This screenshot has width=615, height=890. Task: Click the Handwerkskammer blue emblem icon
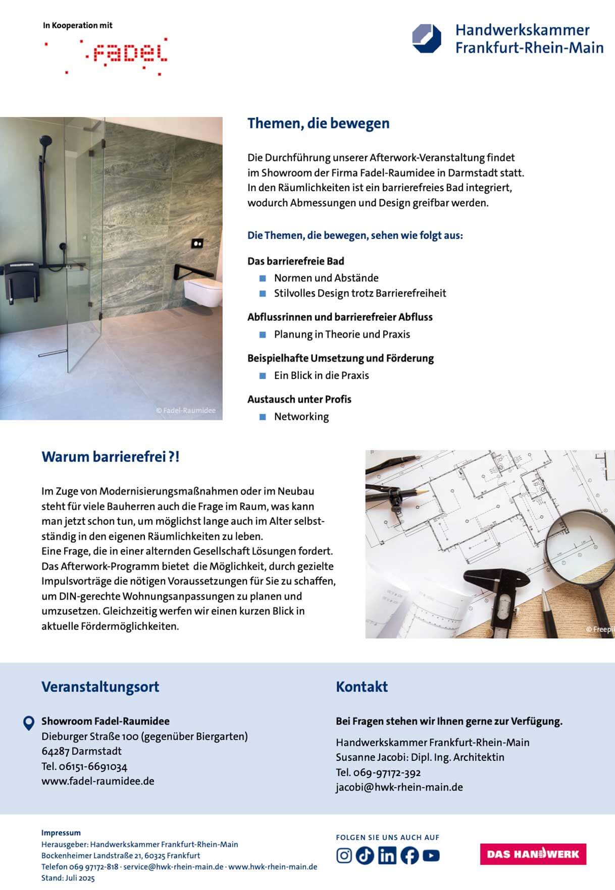coord(427,38)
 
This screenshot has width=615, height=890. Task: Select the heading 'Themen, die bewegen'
coord(318,124)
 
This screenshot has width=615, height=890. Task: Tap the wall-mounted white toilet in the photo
coord(203,294)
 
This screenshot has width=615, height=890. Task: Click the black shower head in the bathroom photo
coord(45,139)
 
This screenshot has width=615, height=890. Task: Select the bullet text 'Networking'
coord(301,417)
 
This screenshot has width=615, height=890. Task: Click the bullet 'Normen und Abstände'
coord(326,278)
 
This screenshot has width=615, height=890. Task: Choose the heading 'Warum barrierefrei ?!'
coord(110,457)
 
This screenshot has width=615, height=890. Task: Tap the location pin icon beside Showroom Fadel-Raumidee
coord(29,723)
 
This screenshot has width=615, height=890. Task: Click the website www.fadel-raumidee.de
coord(98,781)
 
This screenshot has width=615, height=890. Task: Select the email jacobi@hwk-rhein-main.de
coord(399,787)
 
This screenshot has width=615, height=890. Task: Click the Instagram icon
coord(344,856)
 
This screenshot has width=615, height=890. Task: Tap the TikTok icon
coord(365,856)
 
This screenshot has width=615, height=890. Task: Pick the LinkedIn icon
coord(387,856)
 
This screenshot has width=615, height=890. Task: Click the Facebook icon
coord(409,856)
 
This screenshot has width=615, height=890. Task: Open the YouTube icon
coord(431,856)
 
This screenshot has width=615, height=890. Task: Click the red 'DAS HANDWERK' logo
coord(533,854)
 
